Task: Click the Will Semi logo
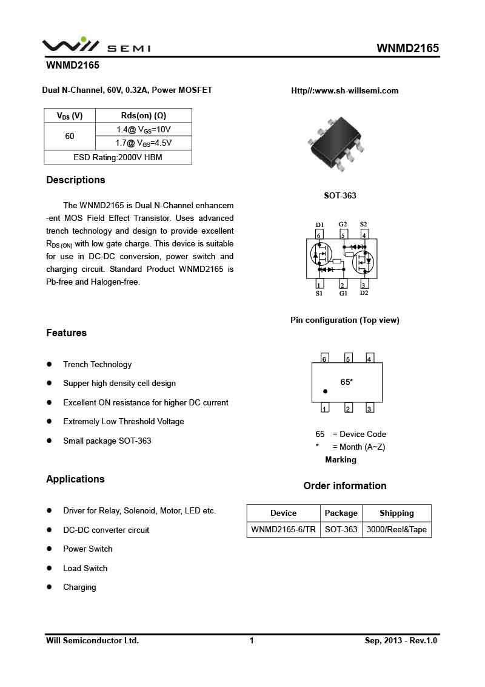pyautogui.click(x=96, y=46)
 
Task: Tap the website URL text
pyautogui.click(x=344, y=91)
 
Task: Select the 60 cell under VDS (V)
pyautogui.click(x=70, y=137)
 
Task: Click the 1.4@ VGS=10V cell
pyautogui.click(x=144, y=129)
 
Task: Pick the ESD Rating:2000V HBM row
pyautogui.click(x=118, y=157)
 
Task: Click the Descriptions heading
pyautogui.click(x=76, y=180)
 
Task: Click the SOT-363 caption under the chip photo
pyautogui.click(x=340, y=195)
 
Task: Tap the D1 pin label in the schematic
pyautogui.click(x=319, y=225)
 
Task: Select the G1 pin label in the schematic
pyautogui.click(x=343, y=294)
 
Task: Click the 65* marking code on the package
pyautogui.click(x=347, y=382)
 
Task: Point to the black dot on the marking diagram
pyautogui.click(x=326, y=391)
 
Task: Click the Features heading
pyautogui.click(x=67, y=333)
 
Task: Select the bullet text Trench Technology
pyautogui.click(x=98, y=365)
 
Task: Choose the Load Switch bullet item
pyautogui.click(x=85, y=569)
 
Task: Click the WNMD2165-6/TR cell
pyautogui.click(x=283, y=529)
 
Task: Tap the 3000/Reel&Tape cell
pyautogui.click(x=396, y=529)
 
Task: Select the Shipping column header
pyautogui.click(x=396, y=513)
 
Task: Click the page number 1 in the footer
pyautogui.click(x=252, y=640)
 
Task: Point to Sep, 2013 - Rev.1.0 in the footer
pyautogui.click(x=401, y=640)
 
